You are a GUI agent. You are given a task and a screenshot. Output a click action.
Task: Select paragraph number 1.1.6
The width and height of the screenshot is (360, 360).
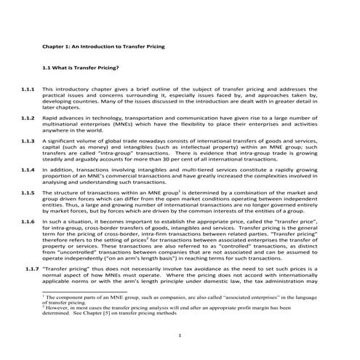29,220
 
